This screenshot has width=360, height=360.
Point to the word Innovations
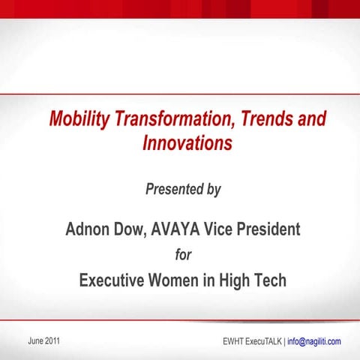(x=187, y=142)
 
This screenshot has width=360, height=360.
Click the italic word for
(x=182, y=255)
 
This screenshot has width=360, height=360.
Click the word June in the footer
(x=34, y=341)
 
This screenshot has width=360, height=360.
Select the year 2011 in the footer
(x=52, y=341)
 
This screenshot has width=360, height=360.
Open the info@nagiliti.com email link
(x=314, y=342)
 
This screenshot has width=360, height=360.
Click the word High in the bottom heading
(x=235, y=281)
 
